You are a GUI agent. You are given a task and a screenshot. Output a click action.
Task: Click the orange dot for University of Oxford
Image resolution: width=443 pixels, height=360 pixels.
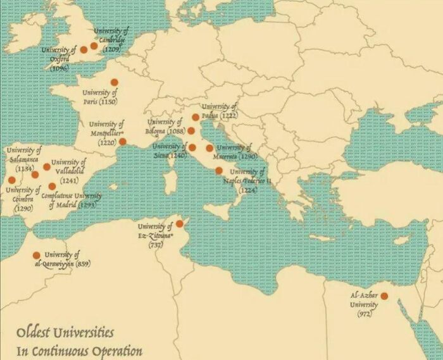(x=84, y=49)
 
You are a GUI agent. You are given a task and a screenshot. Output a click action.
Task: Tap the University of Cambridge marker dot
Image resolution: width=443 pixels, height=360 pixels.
(x=94, y=46)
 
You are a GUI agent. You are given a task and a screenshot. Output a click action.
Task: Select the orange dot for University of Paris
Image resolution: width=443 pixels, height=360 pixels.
(x=115, y=82)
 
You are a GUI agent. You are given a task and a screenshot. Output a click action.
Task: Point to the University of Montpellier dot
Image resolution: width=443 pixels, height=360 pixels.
(x=123, y=142)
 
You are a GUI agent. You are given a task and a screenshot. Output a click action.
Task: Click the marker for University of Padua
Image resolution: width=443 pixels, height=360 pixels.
(x=196, y=117)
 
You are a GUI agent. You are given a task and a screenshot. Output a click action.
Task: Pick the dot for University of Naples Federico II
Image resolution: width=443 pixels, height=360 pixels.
(x=219, y=170)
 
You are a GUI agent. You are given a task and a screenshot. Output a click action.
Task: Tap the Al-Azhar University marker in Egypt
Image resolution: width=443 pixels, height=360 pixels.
(x=384, y=295)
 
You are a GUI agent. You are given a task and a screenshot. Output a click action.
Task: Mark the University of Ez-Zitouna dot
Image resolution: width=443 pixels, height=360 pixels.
(x=180, y=224)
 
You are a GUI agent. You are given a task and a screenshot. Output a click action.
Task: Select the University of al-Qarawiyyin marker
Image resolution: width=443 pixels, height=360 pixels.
(x=37, y=256)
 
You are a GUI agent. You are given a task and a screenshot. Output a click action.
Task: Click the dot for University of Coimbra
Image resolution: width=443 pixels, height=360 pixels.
(x=11, y=180)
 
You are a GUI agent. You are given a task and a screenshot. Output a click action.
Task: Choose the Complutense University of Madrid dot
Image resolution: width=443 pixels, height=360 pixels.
(x=52, y=186)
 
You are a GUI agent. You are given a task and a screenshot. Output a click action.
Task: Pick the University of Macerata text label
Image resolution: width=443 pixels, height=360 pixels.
(x=235, y=152)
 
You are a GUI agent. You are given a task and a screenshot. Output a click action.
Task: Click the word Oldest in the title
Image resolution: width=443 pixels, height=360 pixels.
(x=36, y=332)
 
